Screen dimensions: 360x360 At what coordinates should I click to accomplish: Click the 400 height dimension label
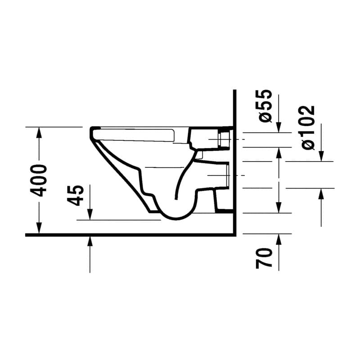(40, 180)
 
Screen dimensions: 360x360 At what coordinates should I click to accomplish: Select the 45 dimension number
(77, 195)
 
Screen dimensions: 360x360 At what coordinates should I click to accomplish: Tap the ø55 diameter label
(266, 106)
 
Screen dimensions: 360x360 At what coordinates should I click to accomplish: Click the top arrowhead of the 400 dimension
(39, 131)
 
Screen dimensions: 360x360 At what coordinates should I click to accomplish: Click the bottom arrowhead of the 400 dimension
(39, 230)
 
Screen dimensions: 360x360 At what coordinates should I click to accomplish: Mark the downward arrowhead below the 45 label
(90, 216)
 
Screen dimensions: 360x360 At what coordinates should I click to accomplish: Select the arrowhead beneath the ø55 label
(279, 128)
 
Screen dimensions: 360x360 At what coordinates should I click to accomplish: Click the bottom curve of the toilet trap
(175, 218)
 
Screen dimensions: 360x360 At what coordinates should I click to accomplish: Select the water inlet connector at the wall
(224, 139)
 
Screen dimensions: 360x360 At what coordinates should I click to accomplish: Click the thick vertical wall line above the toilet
(235, 108)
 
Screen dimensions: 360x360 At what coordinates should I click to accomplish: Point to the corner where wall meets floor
(235, 234)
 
